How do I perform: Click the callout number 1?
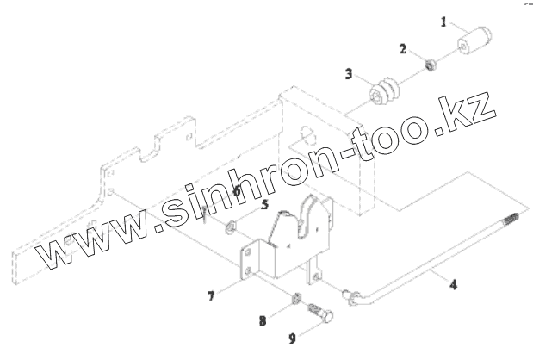443,22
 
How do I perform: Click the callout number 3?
349,75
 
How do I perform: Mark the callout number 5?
265,205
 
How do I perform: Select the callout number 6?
235,191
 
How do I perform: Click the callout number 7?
210,297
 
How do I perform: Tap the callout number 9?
292,338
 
